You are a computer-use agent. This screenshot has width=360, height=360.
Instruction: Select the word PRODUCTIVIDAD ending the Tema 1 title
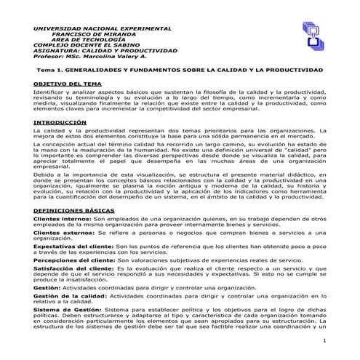[297, 70]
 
